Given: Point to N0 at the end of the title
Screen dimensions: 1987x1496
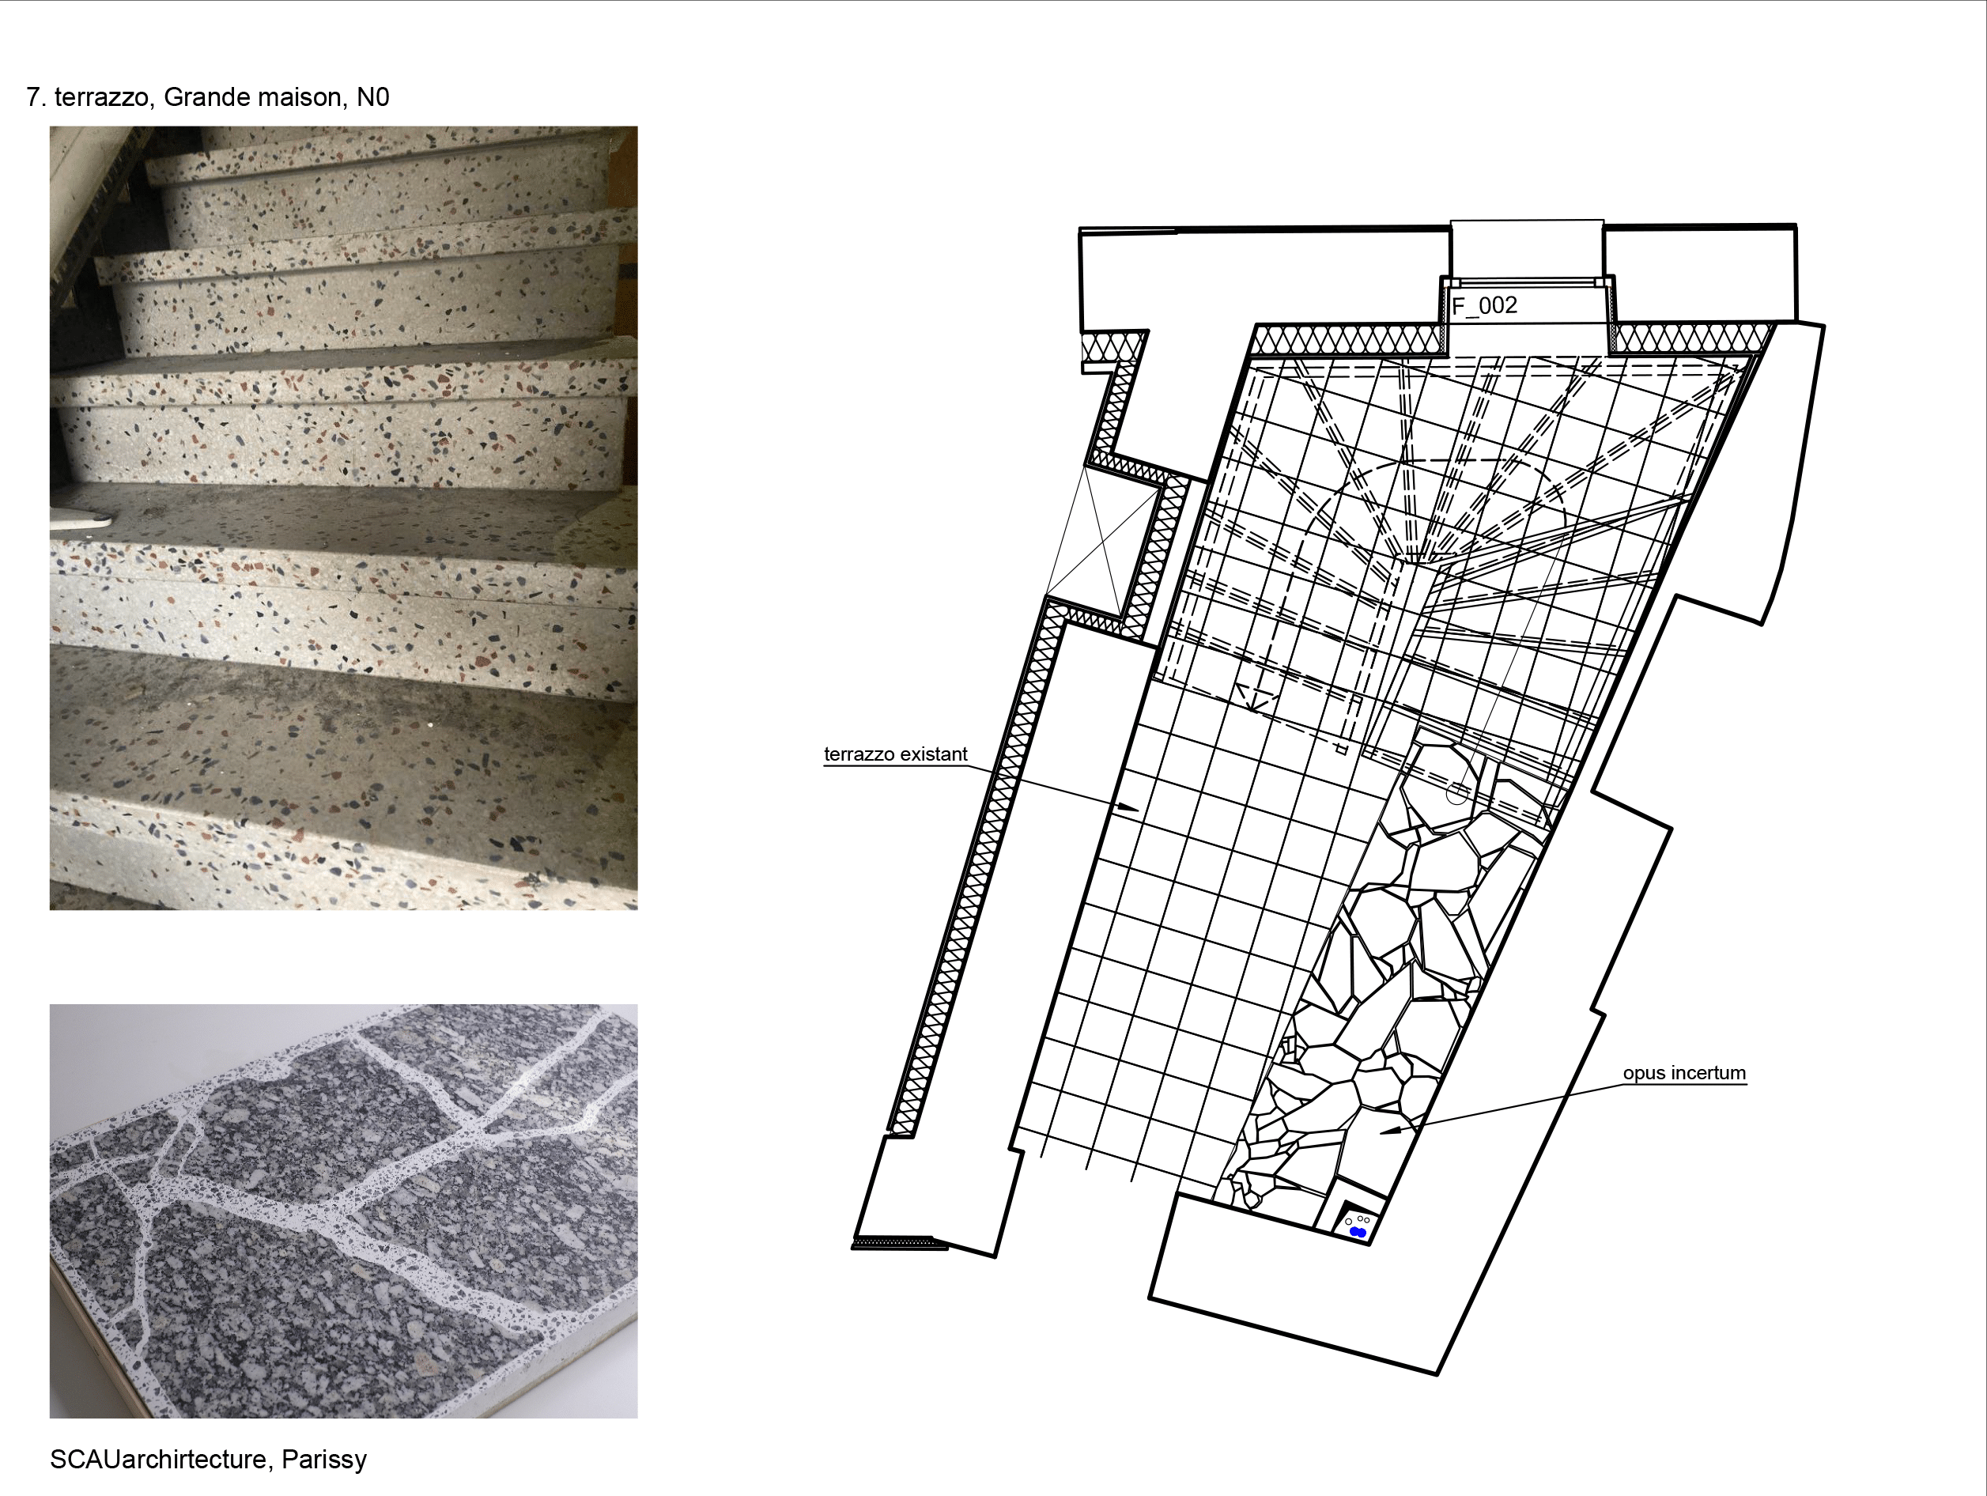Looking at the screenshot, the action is coord(372,97).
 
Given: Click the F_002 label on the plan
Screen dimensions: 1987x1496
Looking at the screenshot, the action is coord(1485,305).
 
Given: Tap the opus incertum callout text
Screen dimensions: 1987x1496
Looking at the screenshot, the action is coord(1684,1073).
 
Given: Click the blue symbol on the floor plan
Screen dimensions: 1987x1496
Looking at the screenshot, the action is coord(1358,1232).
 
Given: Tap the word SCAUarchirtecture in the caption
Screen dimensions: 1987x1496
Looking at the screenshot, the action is coord(158,1459).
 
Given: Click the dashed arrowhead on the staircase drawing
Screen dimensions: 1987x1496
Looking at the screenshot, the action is coord(1255,697).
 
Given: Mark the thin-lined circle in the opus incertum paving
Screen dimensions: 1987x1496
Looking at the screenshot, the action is coord(1457,792).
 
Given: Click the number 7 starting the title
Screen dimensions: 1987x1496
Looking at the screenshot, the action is coord(33,97).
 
